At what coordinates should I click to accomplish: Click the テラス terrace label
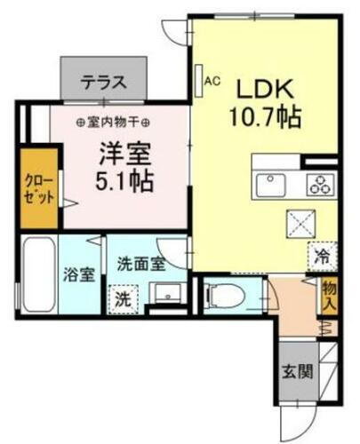coord(103,84)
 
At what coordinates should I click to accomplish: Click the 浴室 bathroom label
coord(79,274)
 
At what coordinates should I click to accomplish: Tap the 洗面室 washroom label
coord(141,263)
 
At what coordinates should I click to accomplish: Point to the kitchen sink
coord(271,185)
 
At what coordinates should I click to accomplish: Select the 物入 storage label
coord(329,296)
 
